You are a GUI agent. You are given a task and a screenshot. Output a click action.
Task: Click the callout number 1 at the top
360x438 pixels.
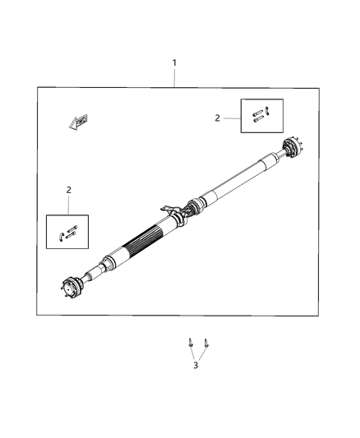(x=173, y=62)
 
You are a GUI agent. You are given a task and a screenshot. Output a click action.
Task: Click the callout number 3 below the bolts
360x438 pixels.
(x=196, y=365)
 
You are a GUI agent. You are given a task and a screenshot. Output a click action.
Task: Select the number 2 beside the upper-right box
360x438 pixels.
(x=217, y=118)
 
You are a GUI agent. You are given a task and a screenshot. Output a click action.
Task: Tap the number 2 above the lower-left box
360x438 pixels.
(x=68, y=190)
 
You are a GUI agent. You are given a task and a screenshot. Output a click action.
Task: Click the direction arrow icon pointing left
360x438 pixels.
(x=79, y=122)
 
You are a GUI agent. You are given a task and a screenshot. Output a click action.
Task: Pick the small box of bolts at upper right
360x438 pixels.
(x=261, y=115)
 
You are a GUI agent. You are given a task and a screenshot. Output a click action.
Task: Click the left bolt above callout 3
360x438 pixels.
(x=190, y=343)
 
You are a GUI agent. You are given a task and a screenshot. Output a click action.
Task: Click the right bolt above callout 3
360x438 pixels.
(x=205, y=343)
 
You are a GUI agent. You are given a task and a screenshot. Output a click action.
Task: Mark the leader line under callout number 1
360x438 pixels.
(x=173, y=78)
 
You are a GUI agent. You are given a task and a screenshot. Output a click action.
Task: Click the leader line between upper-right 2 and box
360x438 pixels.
(x=231, y=118)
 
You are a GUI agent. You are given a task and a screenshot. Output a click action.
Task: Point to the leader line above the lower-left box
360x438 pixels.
(x=68, y=205)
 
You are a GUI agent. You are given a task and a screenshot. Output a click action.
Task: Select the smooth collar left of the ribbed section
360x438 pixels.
(x=111, y=261)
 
